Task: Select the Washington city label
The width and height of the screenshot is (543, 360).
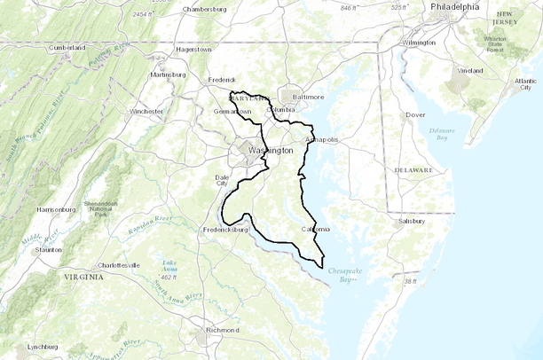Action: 271,151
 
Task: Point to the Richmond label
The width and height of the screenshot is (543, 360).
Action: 221,330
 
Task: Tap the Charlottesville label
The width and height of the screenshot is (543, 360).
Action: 119,265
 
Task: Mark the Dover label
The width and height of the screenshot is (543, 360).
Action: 414,115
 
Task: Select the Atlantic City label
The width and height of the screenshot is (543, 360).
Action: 525,83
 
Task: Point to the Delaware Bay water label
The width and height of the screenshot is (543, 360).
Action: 441,134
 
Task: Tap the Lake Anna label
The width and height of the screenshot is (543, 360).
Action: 169,265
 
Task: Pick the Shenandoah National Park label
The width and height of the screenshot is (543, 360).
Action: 106,209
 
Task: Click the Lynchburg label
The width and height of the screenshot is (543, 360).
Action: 42,347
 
